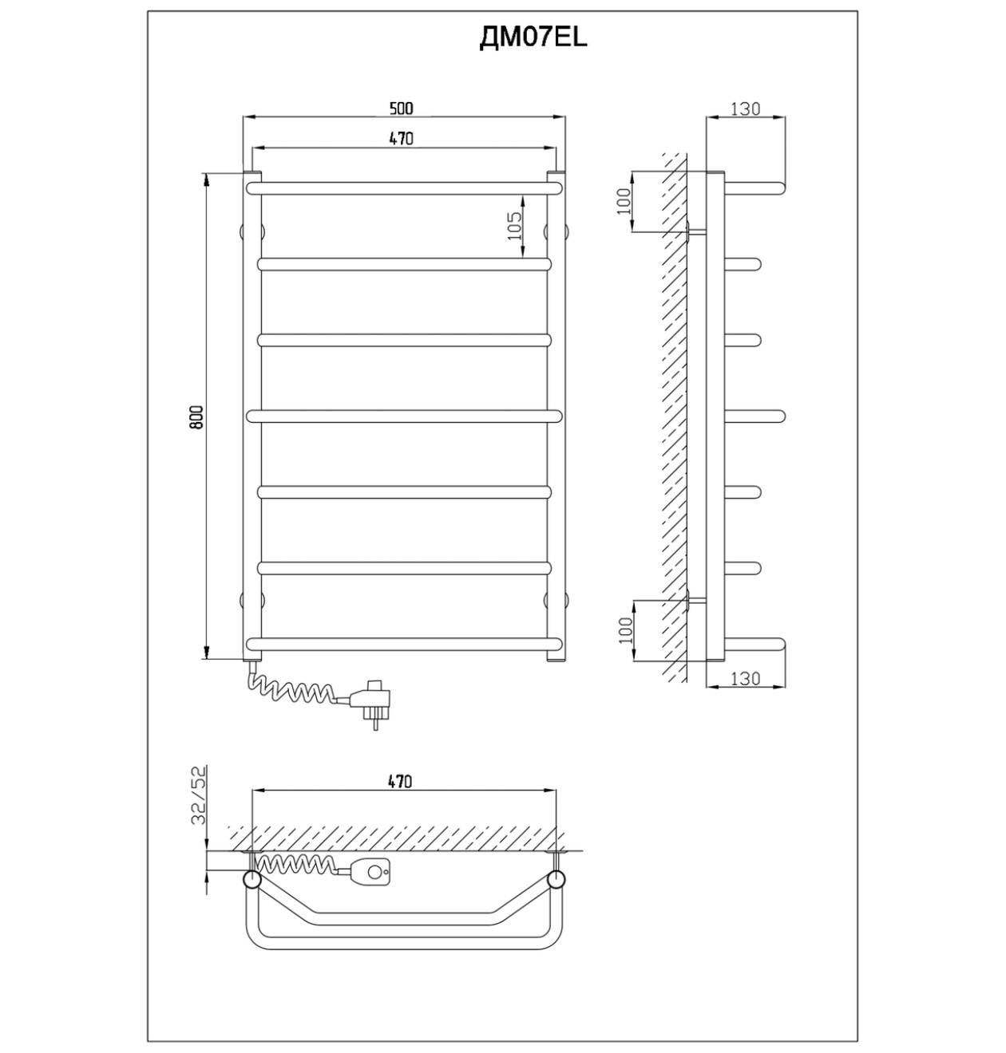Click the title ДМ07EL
tap(533, 37)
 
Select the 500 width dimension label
tap(401, 108)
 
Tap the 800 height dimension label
tap(196, 416)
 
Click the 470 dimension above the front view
tap(401, 139)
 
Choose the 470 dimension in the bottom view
tap(400, 782)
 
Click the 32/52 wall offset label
tap(199, 795)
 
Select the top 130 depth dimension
tap(746, 108)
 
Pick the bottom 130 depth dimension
tap(746, 679)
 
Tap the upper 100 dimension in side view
tap(624, 201)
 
